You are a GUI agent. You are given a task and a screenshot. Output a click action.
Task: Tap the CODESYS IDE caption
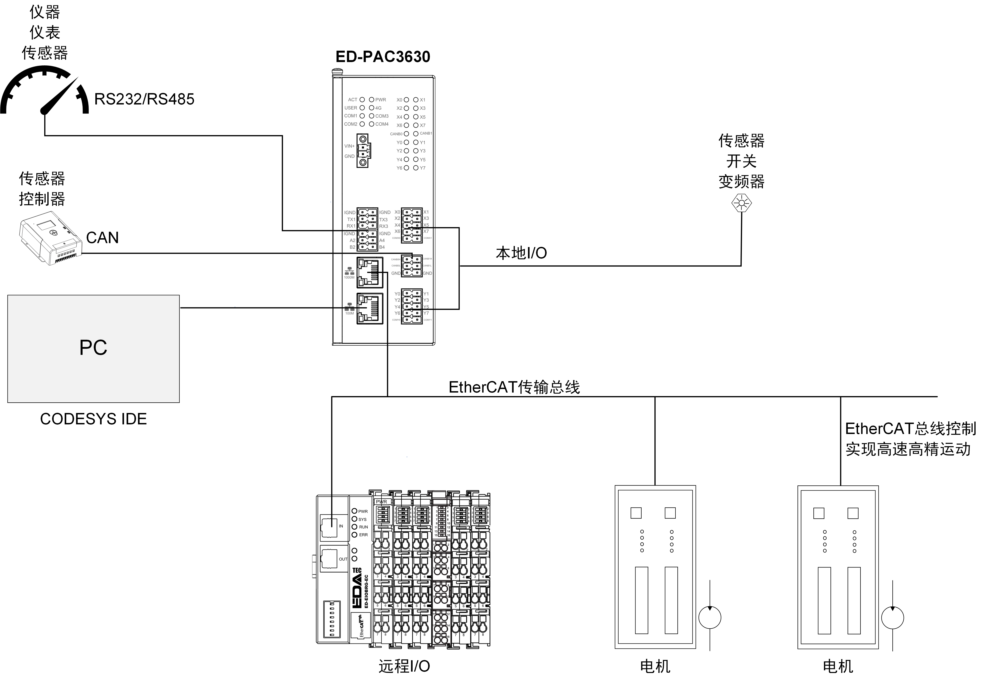pyautogui.click(x=93, y=419)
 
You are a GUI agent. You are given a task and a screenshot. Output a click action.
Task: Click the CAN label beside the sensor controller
pyautogui.click(x=102, y=238)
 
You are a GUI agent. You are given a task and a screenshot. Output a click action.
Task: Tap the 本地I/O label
pyautogui.click(x=521, y=253)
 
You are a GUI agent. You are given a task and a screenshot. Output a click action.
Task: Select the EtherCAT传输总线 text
pyautogui.click(x=514, y=387)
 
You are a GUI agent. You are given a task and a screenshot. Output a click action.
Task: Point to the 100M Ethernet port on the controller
pyautogui.click(x=370, y=309)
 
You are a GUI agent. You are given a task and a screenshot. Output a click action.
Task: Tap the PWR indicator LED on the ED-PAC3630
pyautogui.click(x=371, y=100)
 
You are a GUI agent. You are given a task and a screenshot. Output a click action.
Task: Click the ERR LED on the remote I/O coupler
pyautogui.click(x=354, y=535)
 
